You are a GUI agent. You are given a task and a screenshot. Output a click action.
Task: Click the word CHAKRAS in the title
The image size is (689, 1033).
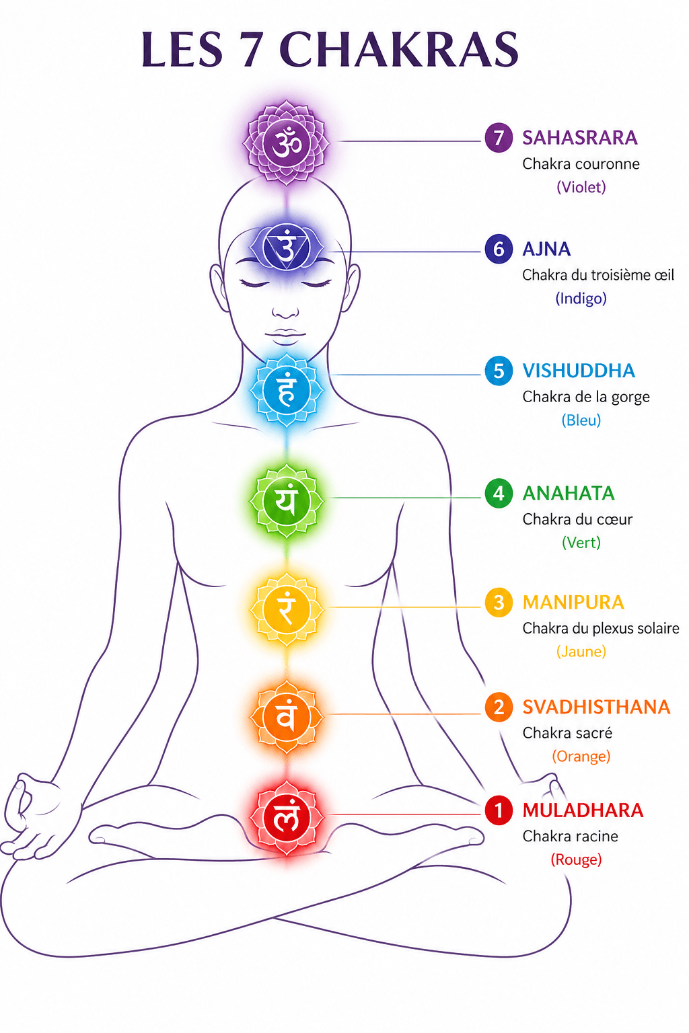399,49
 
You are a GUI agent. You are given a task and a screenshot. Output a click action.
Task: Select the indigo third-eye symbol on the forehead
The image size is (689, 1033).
287,247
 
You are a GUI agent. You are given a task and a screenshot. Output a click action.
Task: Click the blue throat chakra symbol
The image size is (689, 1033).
287,390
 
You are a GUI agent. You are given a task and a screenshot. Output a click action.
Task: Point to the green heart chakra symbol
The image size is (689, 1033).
287,501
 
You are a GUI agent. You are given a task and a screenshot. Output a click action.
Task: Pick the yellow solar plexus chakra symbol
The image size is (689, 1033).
287,609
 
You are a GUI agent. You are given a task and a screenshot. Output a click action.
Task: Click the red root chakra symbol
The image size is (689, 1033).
287,818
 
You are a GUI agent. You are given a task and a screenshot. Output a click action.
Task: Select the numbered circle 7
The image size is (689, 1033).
499,137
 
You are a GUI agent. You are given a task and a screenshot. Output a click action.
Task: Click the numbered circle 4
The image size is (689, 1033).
499,493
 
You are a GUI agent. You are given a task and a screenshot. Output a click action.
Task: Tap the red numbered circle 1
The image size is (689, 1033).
499,810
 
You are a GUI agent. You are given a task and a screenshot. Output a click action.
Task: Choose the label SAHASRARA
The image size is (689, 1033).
579,138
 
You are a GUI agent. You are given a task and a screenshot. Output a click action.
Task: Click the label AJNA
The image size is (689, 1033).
546,249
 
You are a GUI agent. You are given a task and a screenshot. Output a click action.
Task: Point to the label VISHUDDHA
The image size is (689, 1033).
579,371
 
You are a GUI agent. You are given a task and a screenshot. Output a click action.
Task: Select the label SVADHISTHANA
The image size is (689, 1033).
596,707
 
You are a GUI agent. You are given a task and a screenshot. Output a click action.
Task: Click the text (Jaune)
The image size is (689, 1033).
581,651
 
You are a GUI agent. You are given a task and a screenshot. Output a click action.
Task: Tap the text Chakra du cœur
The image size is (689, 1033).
577,519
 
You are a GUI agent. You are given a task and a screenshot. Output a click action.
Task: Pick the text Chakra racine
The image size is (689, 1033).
570,836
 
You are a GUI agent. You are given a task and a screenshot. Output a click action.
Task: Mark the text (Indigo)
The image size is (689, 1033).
581,299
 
